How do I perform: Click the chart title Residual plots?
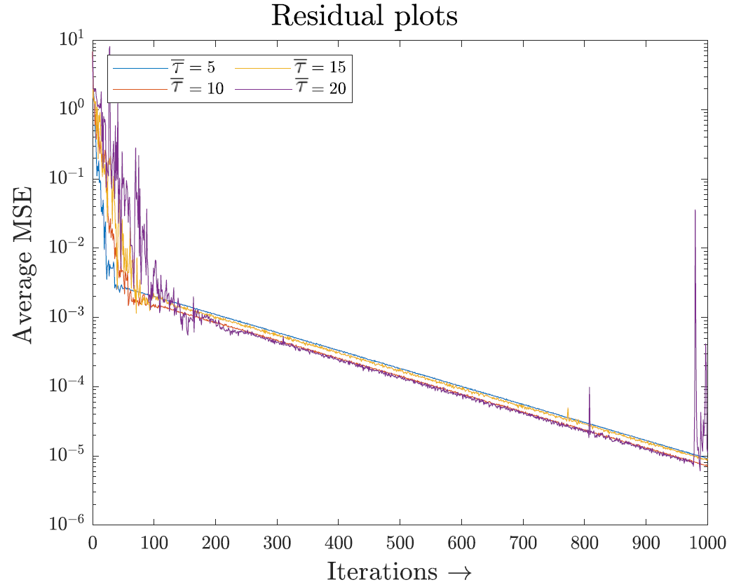click(364, 16)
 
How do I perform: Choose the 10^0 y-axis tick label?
click(69, 109)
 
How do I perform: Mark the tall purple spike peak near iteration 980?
click(695, 210)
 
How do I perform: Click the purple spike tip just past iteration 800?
click(590, 387)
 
